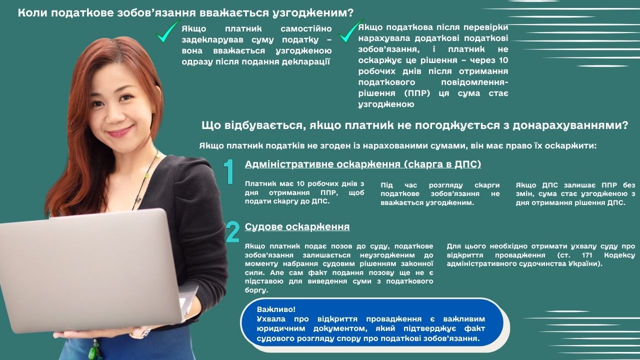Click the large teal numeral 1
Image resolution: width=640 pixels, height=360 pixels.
click(x=229, y=171)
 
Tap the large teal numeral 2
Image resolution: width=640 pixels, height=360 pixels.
click(x=233, y=231)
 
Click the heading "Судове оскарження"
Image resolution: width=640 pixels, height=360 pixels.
click(x=297, y=227)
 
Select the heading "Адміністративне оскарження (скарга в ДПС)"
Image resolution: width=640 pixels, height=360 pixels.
click(x=363, y=164)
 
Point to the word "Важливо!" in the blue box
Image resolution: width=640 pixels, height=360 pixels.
click(x=276, y=309)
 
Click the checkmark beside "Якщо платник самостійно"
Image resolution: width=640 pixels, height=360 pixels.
click(x=168, y=31)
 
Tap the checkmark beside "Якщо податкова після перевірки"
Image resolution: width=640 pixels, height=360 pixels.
click(x=350, y=31)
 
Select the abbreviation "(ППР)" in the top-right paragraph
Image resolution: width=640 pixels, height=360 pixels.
click(x=417, y=93)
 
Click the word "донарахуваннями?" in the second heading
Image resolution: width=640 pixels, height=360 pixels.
click(x=570, y=125)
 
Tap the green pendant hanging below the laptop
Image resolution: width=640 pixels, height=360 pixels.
click(x=94, y=350)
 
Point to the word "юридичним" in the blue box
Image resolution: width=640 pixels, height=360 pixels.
click(x=280, y=329)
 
